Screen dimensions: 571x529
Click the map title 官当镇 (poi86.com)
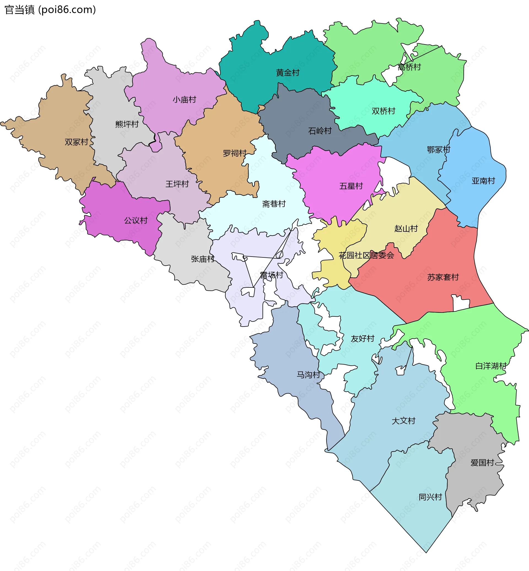pos(50,10)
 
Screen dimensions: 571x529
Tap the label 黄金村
pos(287,73)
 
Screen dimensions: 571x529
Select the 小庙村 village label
pos(184,100)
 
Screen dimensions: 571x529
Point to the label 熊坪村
pos(127,124)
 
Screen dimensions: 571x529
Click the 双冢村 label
pos(76,142)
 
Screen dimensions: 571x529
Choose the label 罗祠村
pos(234,153)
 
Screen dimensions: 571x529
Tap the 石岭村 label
pos(320,131)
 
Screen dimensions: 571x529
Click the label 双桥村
pos(383,111)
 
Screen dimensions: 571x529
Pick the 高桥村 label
pos(409,67)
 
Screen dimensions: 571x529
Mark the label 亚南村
pos(483,181)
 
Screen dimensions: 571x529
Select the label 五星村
pos(351,186)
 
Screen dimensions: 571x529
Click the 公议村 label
pos(136,220)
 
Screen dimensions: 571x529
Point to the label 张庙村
pos(203,259)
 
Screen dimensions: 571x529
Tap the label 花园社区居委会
pos(366,255)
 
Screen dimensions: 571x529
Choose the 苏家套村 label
pos(443,277)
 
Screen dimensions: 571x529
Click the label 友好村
pos(362,338)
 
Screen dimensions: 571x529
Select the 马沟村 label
pos(308,375)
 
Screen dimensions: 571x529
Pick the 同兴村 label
pos(430,497)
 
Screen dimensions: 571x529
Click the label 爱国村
pos(482,462)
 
